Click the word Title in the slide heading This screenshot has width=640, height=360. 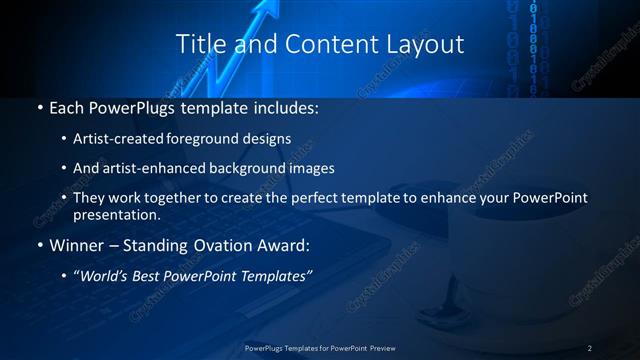tap(198, 44)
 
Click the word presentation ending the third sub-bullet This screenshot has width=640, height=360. tap(115, 214)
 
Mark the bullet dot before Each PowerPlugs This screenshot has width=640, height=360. tap(39, 106)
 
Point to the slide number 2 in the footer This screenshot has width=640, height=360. tap(590, 348)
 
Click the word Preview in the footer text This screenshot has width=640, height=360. tap(376, 348)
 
